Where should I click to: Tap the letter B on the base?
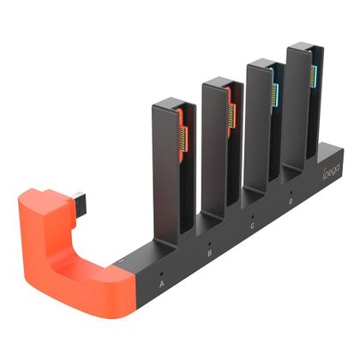click(210, 254)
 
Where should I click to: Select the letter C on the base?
click(252, 227)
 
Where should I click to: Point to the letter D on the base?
click(291, 202)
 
